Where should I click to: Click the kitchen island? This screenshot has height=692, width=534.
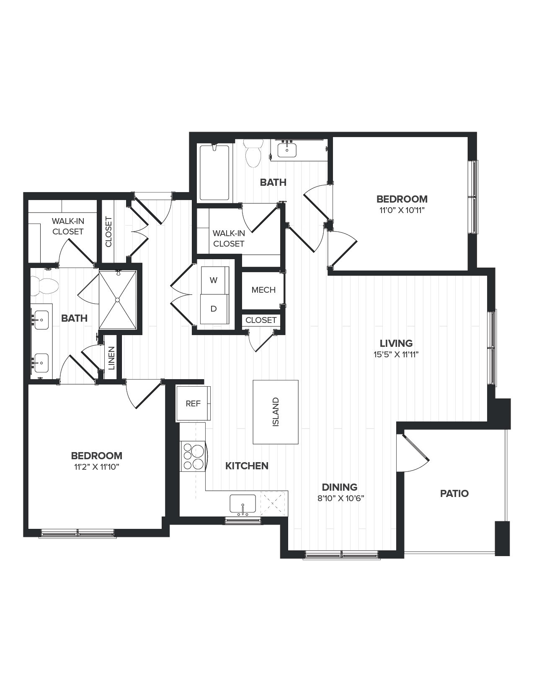pyautogui.click(x=276, y=412)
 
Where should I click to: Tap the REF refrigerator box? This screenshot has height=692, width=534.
pyautogui.click(x=193, y=403)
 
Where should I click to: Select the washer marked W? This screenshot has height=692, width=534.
pyautogui.click(x=214, y=280)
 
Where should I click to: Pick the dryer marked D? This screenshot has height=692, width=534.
pyautogui.click(x=214, y=309)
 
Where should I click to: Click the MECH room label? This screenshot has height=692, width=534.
pyautogui.click(x=263, y=290)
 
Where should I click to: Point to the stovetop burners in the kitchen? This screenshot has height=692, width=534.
pyautogui.click(x=193, y=456)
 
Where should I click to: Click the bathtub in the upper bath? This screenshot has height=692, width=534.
pyautogui.click(x=214, y=172)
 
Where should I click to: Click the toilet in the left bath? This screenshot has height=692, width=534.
pyautogui.click(x=44, y=286)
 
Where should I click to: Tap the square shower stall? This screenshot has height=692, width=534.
pyautogui.click(x=118, y=300)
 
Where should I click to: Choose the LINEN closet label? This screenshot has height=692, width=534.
pyautogui.click(x=111, y=358)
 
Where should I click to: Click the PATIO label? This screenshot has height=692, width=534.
pyautogui.click(x=454, y=494)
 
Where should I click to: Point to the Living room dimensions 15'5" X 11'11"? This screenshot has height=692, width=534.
pyautogui.click(x=396, y=354)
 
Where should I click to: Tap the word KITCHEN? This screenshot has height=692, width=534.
pyautogui.click(x=247, y=466)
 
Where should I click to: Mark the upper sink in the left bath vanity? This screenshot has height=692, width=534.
pyautogui.click(x=41, y=320)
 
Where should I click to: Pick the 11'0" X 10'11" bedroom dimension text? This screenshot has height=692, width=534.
pyautogui.click(x=402, y=210)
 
